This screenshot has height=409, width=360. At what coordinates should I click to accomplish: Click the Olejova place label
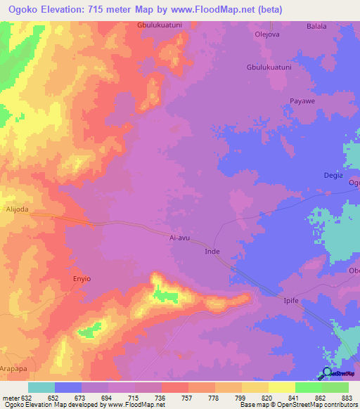266,32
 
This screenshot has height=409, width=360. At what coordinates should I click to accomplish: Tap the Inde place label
212,251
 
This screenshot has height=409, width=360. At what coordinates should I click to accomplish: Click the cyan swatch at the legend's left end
41,387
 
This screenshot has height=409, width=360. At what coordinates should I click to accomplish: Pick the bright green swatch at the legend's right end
335,387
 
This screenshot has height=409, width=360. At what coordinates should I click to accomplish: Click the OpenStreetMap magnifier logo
327,373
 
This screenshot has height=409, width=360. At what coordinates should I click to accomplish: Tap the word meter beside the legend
10,396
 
